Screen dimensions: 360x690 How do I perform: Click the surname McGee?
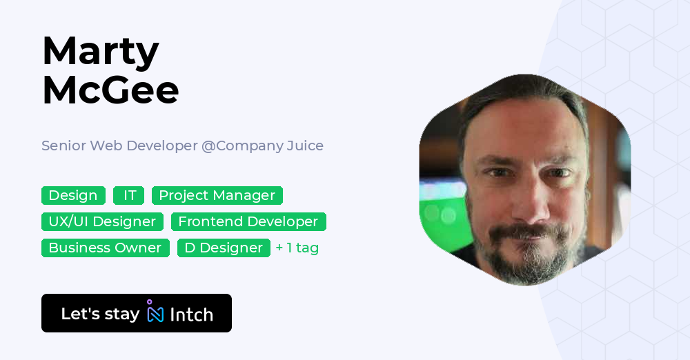(x=110, y=90)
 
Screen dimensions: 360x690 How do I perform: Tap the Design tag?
(x=73, y=196)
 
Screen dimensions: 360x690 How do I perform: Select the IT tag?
(x=129, y=196)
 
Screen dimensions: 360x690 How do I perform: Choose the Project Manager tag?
(x=217, y=196)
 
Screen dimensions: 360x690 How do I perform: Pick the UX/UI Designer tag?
(x=102, y=222)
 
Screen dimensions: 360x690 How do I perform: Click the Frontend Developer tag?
(x=248, y=222)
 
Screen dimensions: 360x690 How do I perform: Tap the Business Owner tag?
(x=105, y=248)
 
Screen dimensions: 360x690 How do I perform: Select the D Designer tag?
(x=224, y=248)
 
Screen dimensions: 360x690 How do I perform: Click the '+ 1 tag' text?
(x=297, y=248)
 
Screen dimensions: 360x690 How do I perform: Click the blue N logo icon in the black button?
(x=155, y=312)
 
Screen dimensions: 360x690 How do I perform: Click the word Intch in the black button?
(x=191, y=314)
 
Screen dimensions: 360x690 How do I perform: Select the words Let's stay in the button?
(x=100, y=314)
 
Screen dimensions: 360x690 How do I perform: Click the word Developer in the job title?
(x=162, y=146)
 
